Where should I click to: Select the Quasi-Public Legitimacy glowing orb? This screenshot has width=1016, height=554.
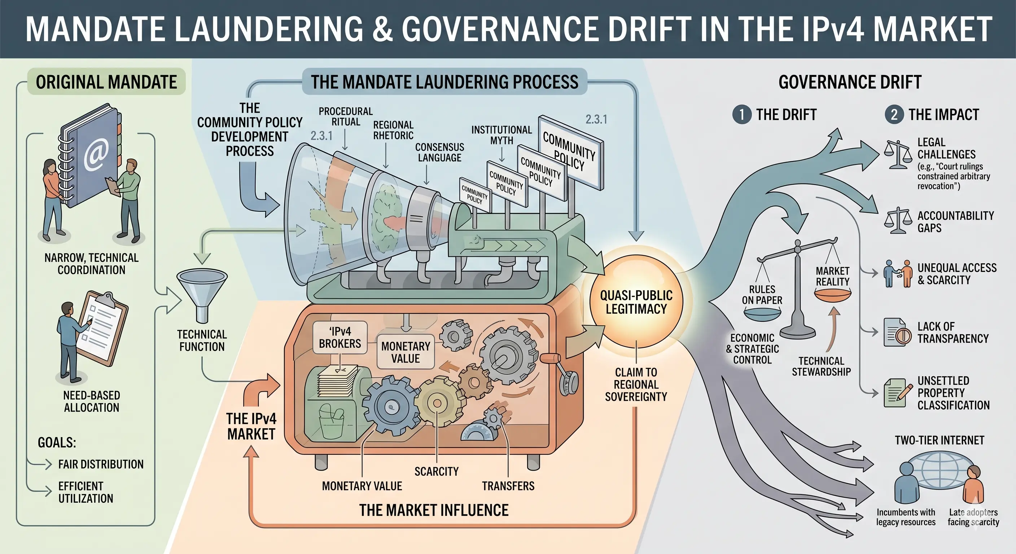[x=636, y=303]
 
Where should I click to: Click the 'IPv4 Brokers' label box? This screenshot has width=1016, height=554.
[x=340, y=338]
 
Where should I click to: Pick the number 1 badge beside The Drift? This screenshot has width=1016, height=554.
[x=742, y=115]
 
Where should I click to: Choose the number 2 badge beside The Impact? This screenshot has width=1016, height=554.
[x=894, y=115]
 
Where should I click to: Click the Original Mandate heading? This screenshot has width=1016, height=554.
[x=106, y=82]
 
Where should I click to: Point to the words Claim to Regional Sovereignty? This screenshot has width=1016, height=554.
[x=636, y=384]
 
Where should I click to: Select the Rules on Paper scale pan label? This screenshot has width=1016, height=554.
[x=762, y=295]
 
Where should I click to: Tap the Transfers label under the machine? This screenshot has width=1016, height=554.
[x=508, y=486]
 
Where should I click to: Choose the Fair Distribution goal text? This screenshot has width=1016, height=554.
[x=101, y=464]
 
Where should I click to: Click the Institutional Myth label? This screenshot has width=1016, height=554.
[x=502, y=135]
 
